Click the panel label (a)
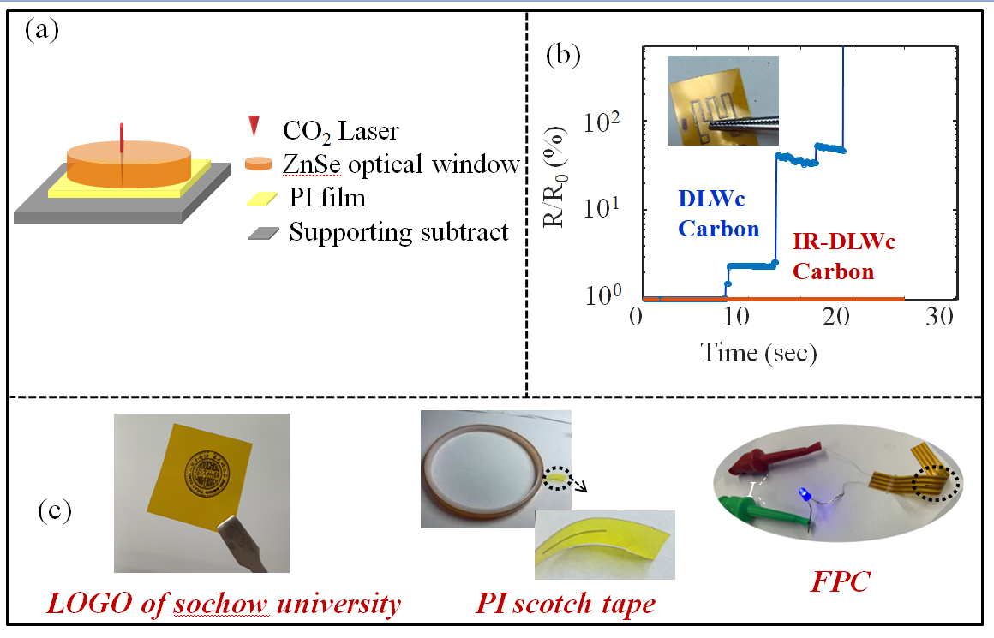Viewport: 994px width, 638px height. tap(42, 29)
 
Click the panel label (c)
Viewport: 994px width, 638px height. tap(55, 510)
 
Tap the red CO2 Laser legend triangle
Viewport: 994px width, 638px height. tap(254, 126)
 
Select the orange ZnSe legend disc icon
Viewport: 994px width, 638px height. tap(258, 164)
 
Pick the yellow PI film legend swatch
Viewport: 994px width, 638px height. tap(262, 199)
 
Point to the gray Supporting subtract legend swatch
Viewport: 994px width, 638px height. tap(264, 233)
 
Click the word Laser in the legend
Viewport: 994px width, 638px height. tap(368, 131)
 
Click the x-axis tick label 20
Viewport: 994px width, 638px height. tap(835, 316)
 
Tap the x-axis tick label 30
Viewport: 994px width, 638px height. tap(939, 316)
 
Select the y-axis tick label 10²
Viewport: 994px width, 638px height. tap(602, 121)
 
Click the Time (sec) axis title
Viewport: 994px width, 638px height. tap(758, 352)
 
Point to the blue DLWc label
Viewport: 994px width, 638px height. tap(711, 199)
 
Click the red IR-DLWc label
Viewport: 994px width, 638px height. tap(844, 241)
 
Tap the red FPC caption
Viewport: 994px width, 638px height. tap(841, 581)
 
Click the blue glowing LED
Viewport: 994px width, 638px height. tap(804, 493)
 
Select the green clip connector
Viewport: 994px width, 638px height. tap(763, 510)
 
